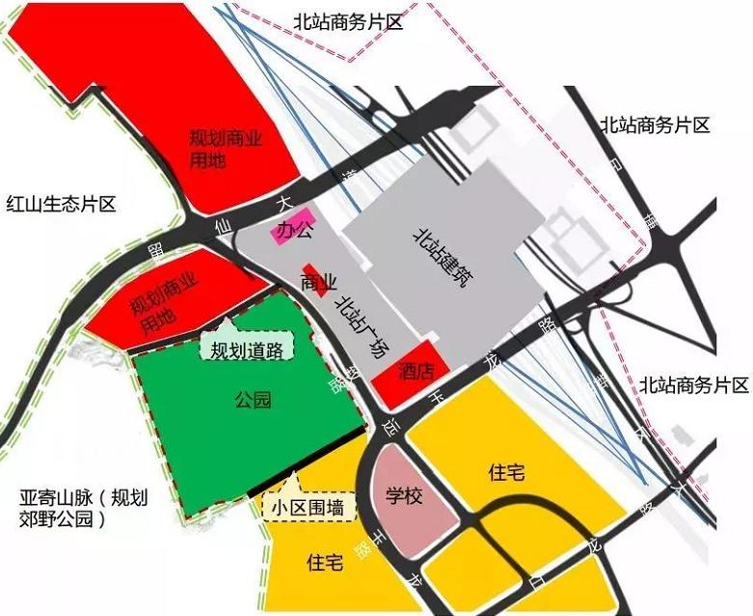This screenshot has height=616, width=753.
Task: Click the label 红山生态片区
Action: coord(61,204)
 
